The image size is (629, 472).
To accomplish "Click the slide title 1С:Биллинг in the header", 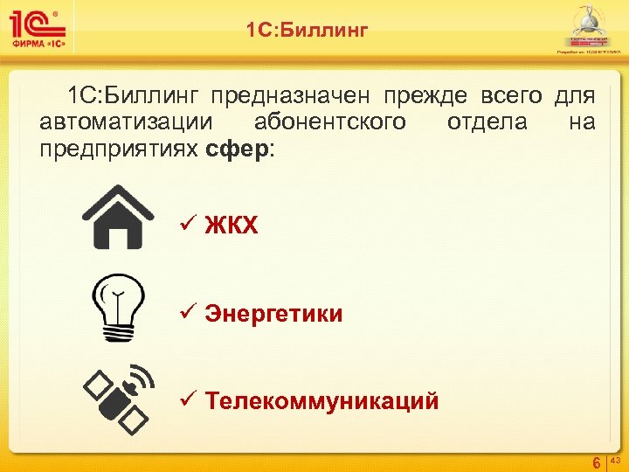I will point(307,31).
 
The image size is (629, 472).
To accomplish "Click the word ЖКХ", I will point(232,226).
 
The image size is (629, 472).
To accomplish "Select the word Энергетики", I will point(273,314).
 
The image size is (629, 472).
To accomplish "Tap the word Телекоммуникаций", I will point(321,401).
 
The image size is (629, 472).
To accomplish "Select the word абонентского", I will point(329,121).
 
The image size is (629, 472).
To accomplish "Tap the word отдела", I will point(487,121).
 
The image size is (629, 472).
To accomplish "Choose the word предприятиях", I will point(119,149).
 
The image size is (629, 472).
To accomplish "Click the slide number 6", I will point(596,462).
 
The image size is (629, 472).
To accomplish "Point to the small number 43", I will point(614,459).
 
